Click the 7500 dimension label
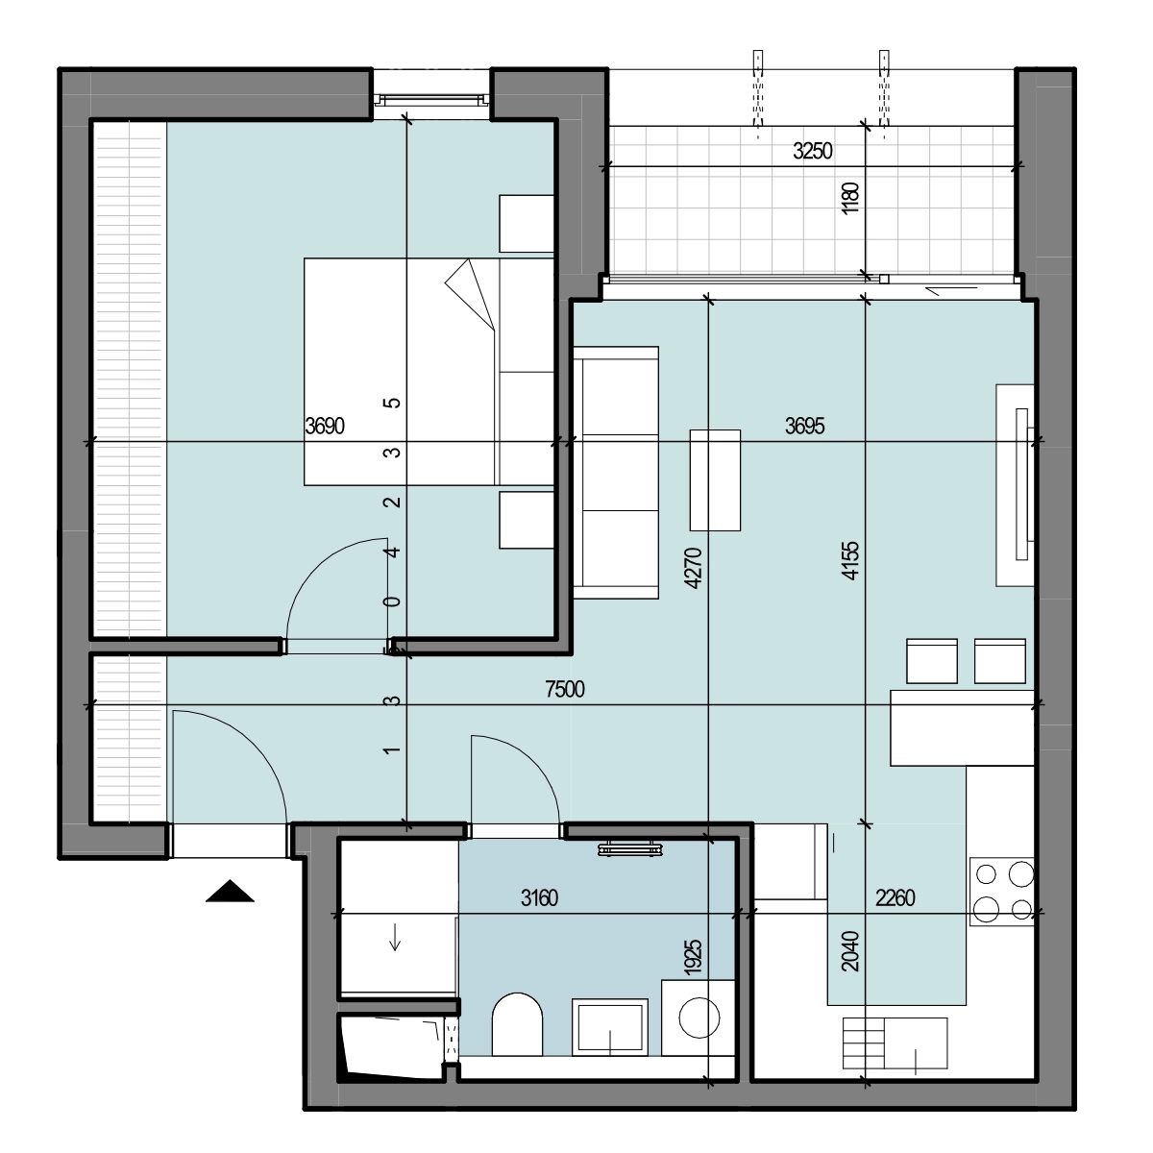564,689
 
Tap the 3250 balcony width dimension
812,151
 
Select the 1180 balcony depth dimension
850,198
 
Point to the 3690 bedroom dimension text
325,426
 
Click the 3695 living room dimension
804,426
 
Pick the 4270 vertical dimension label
693,568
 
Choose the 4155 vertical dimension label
850,560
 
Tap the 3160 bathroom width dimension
539,898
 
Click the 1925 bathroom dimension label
693,957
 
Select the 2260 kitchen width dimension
895,898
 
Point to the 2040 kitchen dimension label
850,951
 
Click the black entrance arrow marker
230,891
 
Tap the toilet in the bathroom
517,1025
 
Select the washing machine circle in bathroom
699,1018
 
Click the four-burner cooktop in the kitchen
1001,892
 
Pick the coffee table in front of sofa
715,479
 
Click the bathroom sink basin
610,1027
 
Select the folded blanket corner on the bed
470,294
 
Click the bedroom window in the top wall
430,100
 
